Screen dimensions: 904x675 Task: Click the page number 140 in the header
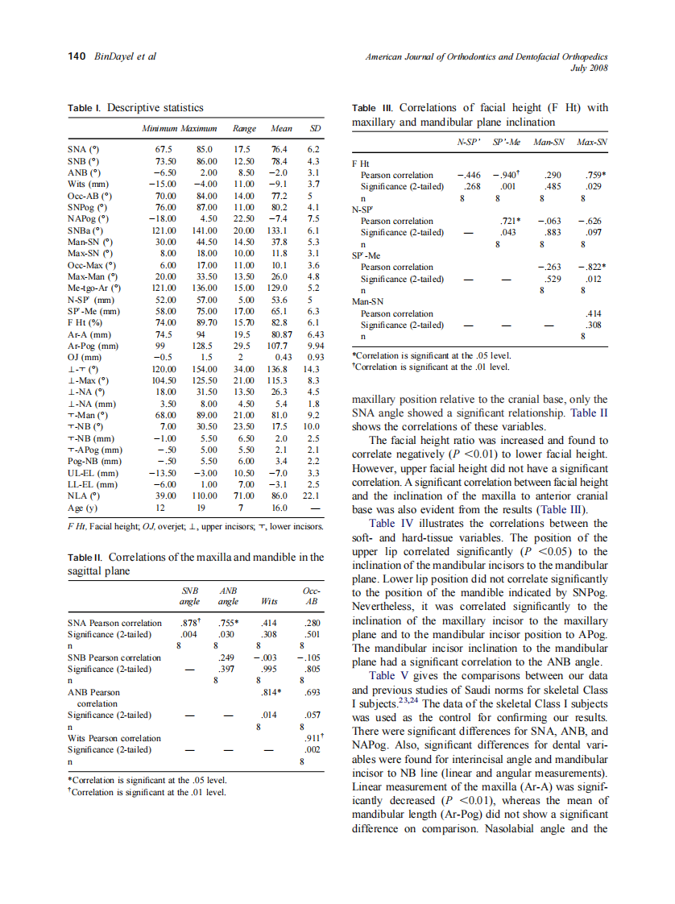click(77, 56)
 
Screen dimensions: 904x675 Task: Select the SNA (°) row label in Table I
click(84, 149)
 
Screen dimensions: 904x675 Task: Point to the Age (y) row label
click(83, 509)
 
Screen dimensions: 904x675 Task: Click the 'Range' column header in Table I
click(244, 128)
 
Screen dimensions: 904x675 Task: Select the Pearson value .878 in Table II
click(188, 623)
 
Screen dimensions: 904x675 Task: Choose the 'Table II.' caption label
click(86, 557)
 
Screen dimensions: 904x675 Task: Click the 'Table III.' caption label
click(374, 108)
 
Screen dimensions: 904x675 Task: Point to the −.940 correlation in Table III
click(507, 175)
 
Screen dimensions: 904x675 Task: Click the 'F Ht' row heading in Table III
click(362, 163)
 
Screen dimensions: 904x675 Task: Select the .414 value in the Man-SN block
click(595, 313)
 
